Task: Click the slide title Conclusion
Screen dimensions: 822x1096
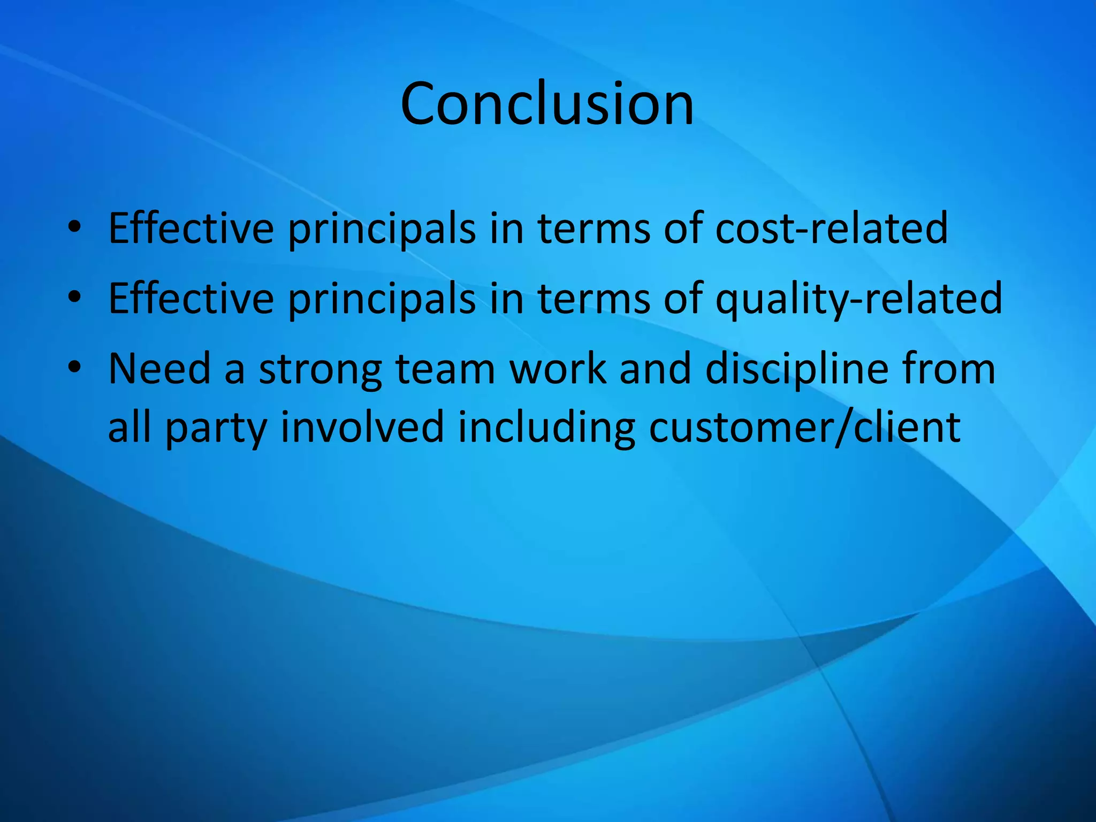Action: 547,104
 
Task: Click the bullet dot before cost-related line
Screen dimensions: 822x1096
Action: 74,227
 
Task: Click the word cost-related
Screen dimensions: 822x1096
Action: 831,229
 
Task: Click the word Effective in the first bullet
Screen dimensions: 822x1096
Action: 191,229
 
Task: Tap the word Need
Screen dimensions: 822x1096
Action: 159,369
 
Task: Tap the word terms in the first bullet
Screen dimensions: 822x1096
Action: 593,229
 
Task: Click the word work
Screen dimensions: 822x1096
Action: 558,369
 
